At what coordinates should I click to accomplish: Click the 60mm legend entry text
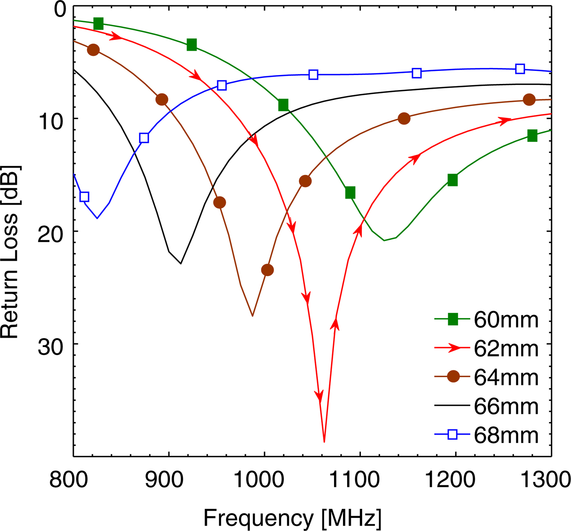pyautogui.click(x=506, y=320)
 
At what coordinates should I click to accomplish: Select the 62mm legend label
pyautogui.click(x=506, y=349)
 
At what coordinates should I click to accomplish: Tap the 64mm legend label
pyautogui.click(x=506, y=378)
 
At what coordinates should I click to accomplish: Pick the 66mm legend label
pyautogui.click(x=506, y=407)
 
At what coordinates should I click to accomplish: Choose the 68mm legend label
pyautogui.click(x=506, y=436)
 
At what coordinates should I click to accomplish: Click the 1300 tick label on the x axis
pyautogui.click(x=545, y=480)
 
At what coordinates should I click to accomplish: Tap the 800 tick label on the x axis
pyautogui.click(x=69, y=480)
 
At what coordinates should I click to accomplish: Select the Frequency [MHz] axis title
pyautogui.click(x=292, y=518)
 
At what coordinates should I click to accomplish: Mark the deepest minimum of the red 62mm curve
pyautogui.click(x=324, y=442)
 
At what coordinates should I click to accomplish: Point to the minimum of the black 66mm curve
pyautogui.click(x=181, y=263)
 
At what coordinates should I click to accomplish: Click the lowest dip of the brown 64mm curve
pyautogui.click(x=252, y=316)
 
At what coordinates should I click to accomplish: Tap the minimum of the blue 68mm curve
pyautogui.click(x=97, y=218)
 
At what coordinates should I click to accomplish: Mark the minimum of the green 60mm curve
pyautogui.click(x=384, y=241)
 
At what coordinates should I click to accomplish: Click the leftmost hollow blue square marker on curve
pyautogui.click(x=84, y=197)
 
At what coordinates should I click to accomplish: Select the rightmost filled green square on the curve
pyautogui.click(x=532, y=136)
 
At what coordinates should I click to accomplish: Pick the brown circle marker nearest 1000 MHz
pyautogui.click(x=267, y=270)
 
